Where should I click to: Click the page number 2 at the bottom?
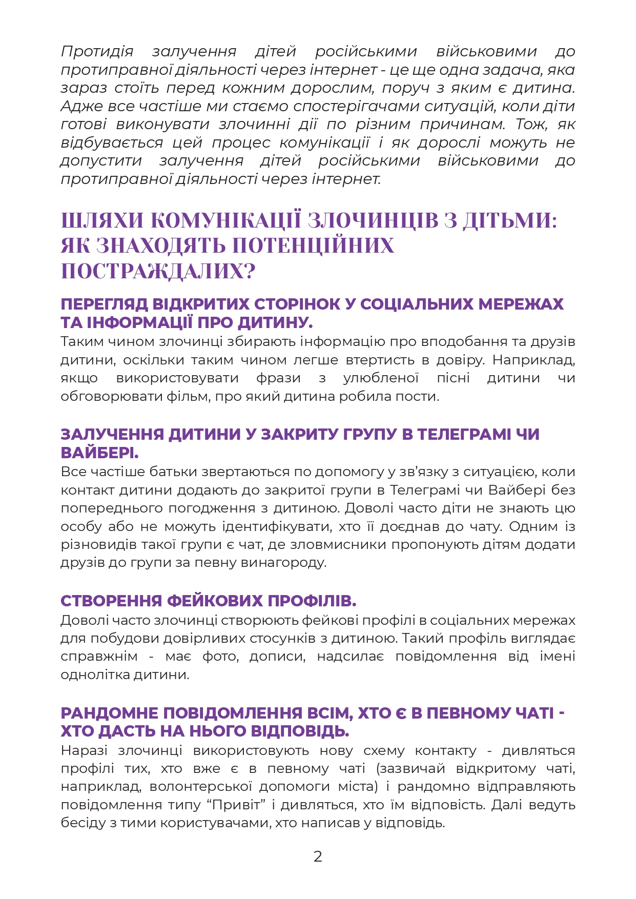tap(318, 856)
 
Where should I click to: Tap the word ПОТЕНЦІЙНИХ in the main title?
tap(313, 246)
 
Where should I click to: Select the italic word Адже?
tap(82, 106)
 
